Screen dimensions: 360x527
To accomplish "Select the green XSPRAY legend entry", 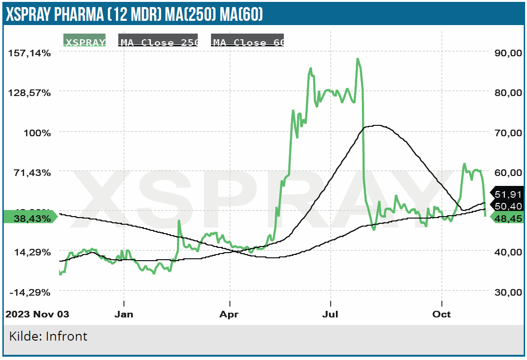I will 85,42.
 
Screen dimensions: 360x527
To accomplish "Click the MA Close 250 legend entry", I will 158,42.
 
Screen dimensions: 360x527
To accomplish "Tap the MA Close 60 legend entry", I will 247,42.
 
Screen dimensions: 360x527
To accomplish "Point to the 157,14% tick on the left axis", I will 29,53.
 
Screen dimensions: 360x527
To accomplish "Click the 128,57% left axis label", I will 29,92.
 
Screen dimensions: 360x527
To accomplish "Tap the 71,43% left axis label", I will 32,172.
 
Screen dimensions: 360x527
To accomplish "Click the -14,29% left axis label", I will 29,292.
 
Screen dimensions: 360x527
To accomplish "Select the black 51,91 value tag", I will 508,194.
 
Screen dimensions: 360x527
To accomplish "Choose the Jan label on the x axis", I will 124,314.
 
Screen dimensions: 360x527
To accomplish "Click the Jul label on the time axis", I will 330,314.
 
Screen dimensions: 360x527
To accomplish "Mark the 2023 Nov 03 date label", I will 37,314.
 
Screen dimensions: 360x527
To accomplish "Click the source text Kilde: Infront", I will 48,336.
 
